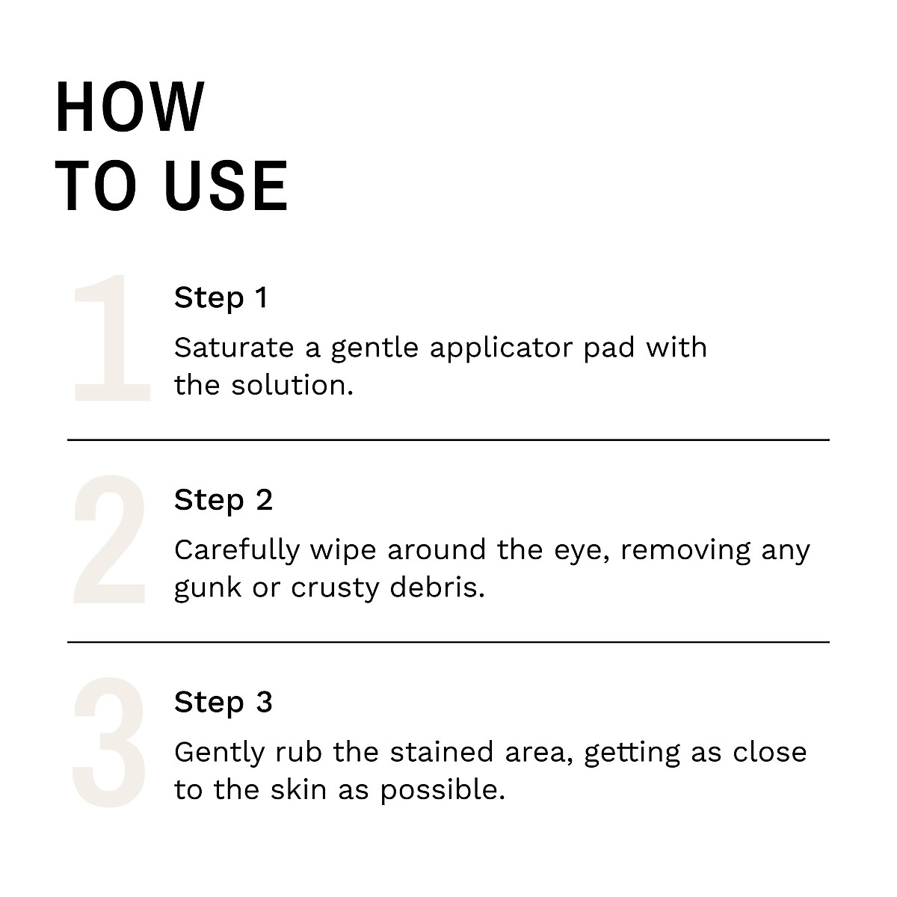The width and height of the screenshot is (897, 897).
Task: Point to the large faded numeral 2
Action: point(110,540)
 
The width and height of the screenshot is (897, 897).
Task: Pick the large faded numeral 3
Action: point(110,742)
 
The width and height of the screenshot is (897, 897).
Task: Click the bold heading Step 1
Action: point(221,298)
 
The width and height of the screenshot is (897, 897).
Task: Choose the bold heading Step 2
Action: point(223,499)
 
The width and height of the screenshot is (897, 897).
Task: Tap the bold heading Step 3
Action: point(223,702)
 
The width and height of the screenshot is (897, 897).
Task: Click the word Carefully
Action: point(236,551)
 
